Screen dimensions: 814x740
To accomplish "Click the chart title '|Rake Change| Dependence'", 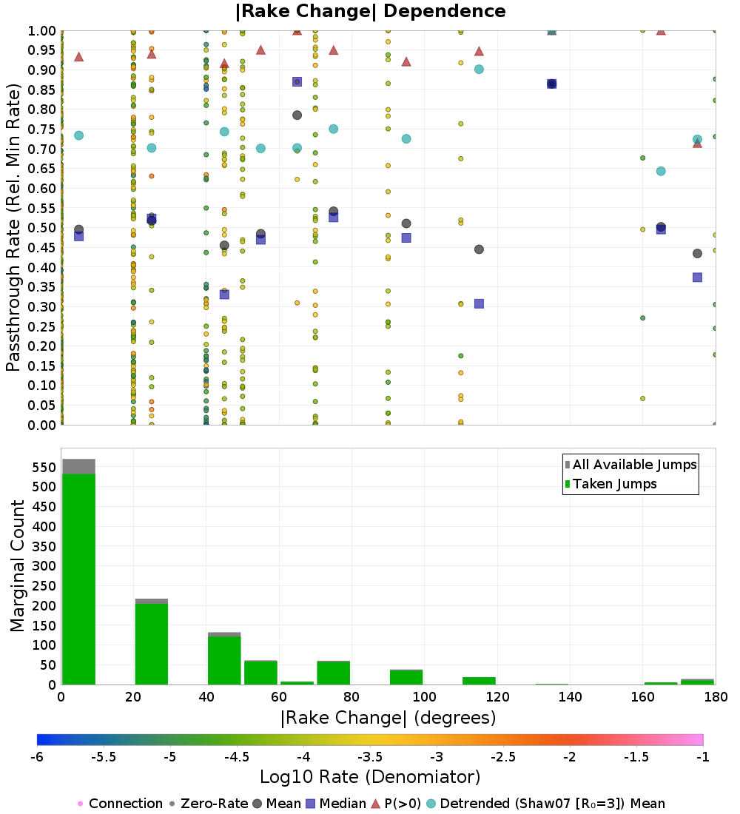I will (371, 11).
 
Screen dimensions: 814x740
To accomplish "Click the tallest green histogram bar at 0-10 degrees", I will (78, 577).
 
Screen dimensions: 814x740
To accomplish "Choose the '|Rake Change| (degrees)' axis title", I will (388, 718).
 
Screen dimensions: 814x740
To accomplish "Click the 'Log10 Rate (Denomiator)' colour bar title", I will (370, 777).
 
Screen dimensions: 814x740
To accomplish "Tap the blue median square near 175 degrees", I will (697, 277).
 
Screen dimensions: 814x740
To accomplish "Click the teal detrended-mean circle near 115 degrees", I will (479, 70).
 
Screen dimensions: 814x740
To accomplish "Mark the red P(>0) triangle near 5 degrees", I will (78, 56).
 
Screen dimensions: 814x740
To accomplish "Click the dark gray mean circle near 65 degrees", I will (297, 115).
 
